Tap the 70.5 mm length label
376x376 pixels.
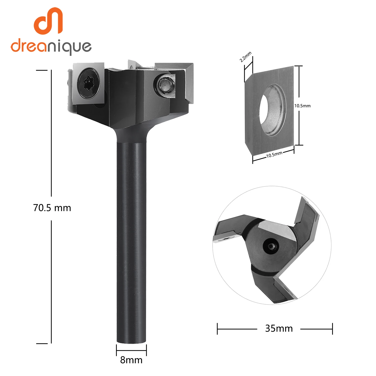tap(52, 208)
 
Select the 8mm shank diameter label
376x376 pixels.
tap(131, 360)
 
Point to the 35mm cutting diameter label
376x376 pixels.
tap(279, 328)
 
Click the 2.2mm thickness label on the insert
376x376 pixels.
tap(245, 57)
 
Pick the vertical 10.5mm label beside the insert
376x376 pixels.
tap(302, 106)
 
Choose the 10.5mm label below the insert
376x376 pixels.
tap(274, 155)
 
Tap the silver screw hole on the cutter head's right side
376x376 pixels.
tap(165, 85)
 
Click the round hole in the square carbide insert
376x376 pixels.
tap(273, 110)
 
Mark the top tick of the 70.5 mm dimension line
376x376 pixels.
tap(42, 70)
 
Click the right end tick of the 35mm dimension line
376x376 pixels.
tap(332, 329)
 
